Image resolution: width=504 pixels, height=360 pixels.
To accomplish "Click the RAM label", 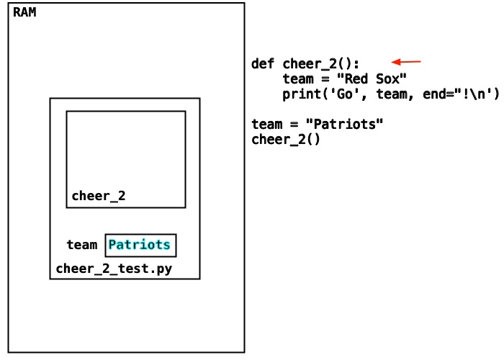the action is (x=24, y=12).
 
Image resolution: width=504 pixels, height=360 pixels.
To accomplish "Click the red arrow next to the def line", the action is (x=406, y=62).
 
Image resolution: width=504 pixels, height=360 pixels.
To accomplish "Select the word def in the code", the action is (x=263, y=63).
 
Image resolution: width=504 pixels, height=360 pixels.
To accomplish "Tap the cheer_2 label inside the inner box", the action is (x=99, y=196).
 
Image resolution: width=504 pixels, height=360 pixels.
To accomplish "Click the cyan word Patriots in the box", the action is (x=139, y=245).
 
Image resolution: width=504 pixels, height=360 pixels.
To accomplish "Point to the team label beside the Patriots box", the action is (x=81, y=245).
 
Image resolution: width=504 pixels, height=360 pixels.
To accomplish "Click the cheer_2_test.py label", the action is (x=114, y=269).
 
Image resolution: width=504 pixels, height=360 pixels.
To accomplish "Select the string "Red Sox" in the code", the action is (x=372, y=78).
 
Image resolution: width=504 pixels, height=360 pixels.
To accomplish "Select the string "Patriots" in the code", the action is (x=344, y=124).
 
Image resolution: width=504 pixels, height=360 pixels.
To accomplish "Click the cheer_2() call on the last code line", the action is (x=286, y=140).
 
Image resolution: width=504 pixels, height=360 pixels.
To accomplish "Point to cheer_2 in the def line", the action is (x=310, y=63).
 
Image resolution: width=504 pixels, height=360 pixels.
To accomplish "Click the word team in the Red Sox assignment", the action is (x=298, y=78).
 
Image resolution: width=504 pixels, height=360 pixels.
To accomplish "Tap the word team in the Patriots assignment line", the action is (x=267, y=124).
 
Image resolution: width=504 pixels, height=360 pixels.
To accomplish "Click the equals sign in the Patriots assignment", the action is (x=294, y=124).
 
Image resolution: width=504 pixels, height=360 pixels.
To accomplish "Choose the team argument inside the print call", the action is (x=391, y=94).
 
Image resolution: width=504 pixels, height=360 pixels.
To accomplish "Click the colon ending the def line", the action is (x=356, y=64).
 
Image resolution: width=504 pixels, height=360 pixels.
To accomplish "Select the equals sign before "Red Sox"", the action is (x=325, y=78).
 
